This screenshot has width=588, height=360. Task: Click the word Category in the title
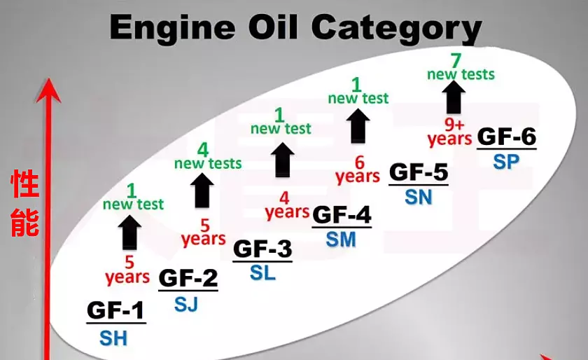(x=396, y=27)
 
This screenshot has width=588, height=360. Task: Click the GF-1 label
(x=115, y=311)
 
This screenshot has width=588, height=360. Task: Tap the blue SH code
(x=113, y=338)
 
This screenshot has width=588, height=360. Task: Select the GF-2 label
(x=188, y=278)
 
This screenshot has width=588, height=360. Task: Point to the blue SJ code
(x=186, y=305)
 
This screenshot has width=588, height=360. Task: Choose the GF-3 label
(x=262, y=249)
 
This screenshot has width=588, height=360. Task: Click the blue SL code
(x=262, y=272)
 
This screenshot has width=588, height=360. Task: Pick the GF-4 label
(x=342, y=215)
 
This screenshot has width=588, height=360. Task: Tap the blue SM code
(x=341, y=240)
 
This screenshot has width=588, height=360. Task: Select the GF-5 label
(x=419, y=172)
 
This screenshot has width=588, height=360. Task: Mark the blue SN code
(x=419, y=197)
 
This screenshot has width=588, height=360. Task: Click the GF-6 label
(x=507, y=137)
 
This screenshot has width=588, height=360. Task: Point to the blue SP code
(x=506, y=162)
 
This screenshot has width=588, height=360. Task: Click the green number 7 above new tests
(x=456, y=60)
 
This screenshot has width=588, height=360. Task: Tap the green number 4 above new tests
(x=203, y=150)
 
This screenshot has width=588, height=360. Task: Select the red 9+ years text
(x=449, y=132)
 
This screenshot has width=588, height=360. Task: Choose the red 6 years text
(x=358, y=169)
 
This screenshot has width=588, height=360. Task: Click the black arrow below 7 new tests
(x=454, y=97)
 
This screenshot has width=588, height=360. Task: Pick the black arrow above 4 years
(x=282, y=160)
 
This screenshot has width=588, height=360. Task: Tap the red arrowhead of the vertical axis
(x=48, y=90)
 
